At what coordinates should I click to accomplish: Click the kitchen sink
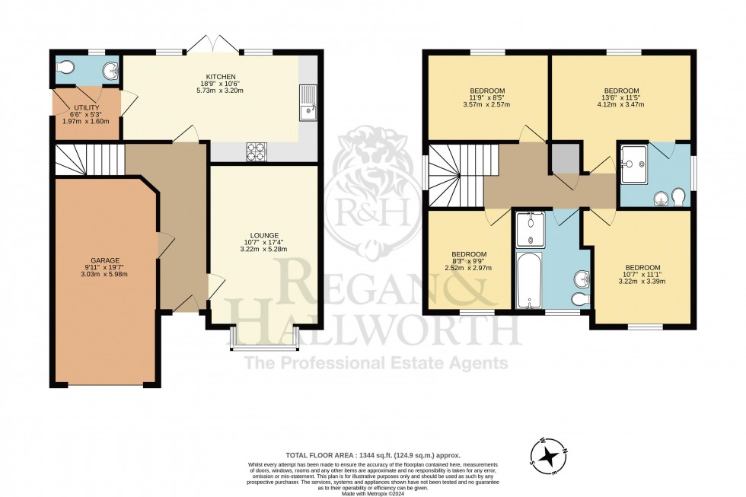point(309,102)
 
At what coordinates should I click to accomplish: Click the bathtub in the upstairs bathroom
point(528,281)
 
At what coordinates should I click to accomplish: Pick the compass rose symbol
point(549,457)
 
